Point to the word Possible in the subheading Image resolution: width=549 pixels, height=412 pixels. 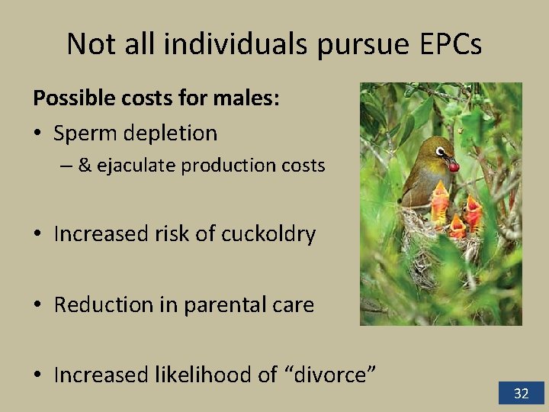point(70,98)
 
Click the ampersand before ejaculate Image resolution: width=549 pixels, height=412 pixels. point(85,165)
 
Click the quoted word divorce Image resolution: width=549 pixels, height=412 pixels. point(329,375)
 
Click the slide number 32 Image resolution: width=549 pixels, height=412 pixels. point(521,394)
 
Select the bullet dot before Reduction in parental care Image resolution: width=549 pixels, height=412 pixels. point(40,305)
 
